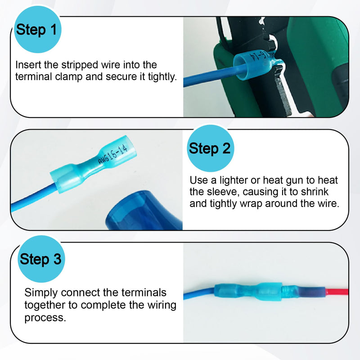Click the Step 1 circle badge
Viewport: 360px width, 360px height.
point(37,30)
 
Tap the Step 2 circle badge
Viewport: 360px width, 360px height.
point(210,148)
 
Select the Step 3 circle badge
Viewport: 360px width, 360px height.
point(41,259)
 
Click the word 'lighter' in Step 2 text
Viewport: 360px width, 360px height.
point(234,181)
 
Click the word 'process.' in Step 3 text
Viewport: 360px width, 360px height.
point(45,318)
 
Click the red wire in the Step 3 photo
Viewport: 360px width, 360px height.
point(337,292)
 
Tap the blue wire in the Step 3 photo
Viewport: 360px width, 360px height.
point(199,293)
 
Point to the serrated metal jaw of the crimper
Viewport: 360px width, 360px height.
point(283,91)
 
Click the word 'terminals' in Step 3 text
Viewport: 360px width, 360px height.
point(144,293)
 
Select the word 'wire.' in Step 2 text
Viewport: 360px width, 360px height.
point(328,204)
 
